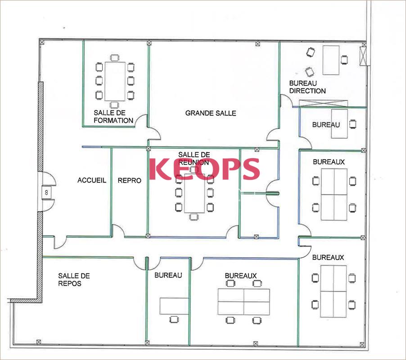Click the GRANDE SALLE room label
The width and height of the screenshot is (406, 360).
tap(211, 113)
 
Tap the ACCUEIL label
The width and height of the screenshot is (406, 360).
tap(92, 180)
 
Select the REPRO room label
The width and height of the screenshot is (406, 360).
tap(130, 180)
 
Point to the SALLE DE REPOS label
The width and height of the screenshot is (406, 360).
tap(74, 280)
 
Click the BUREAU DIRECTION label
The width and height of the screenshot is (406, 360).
tap(307, 87)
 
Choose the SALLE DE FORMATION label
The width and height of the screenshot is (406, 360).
tap(113, 117)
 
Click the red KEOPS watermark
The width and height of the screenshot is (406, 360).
tap(204, 169)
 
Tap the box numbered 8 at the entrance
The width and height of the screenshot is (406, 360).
tap(47, 192)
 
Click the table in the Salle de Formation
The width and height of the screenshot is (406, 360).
tap(115, 82)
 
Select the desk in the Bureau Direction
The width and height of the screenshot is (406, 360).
tap(331, 60)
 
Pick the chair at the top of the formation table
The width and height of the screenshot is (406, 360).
tap(114, 58)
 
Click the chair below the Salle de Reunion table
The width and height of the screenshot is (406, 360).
tap(194, 217)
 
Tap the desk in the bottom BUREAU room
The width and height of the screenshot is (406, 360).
tap(174, 306)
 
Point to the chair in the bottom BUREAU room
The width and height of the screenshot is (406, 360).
tap(174, 319)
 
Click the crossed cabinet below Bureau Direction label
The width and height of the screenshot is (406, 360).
tap(323, 104)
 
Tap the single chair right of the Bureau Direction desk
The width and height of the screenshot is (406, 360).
tap(344, 60)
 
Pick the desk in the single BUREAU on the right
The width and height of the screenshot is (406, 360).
tap(339, 124)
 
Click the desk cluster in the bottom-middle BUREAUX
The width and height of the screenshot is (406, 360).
tap(244, 302)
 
